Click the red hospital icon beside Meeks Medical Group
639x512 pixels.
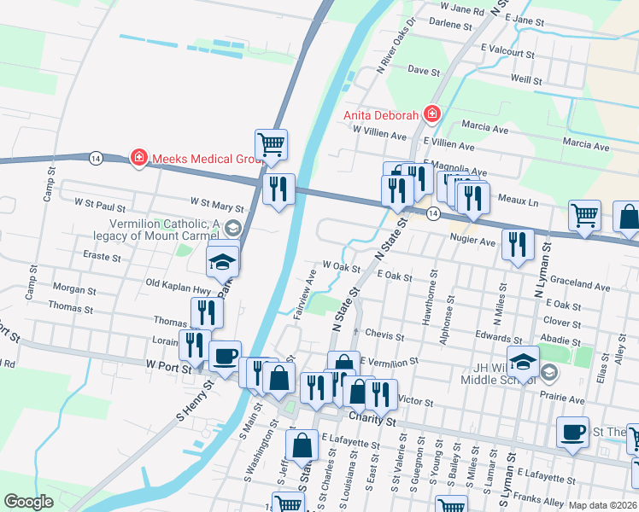coord(138,158)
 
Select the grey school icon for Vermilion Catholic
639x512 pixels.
coord(235,229)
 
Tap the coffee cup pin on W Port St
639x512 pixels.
coord(225,357)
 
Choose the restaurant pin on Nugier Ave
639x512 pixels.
coord(518,245)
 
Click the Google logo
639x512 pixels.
coord(28,503)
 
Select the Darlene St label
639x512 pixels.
coord(450,24)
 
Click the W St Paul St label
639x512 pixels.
coord(100,205)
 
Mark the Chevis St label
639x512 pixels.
coord(384,334)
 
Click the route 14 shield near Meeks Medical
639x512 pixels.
coord(95,158)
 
